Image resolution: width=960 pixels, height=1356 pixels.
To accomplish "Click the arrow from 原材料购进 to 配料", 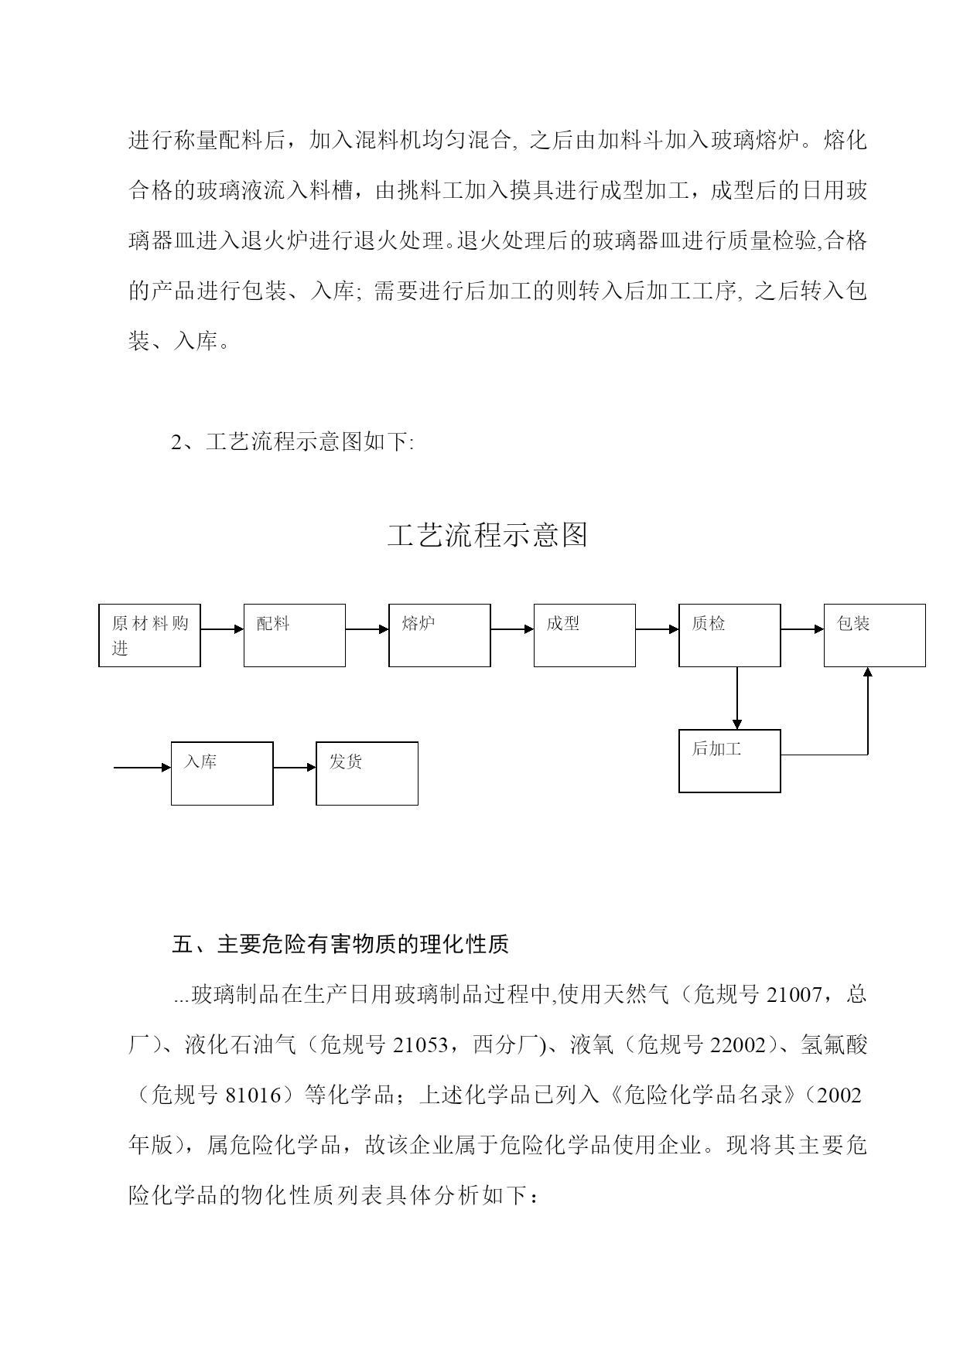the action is tap(222, 629).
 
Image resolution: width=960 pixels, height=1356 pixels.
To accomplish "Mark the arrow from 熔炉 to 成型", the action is tap(512, 629).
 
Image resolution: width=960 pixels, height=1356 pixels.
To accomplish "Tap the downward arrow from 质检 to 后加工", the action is tap(737, 698).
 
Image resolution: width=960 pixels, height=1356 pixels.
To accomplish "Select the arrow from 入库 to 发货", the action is tap(295, 768).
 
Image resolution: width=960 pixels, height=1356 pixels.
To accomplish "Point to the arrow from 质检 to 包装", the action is tap(802, 629).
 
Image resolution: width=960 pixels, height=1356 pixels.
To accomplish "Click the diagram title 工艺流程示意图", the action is tap(487, 535).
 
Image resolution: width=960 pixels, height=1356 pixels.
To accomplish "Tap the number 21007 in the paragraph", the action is tap(794, 994).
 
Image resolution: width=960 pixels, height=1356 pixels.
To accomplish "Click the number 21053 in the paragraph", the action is tap(421, 1044).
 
